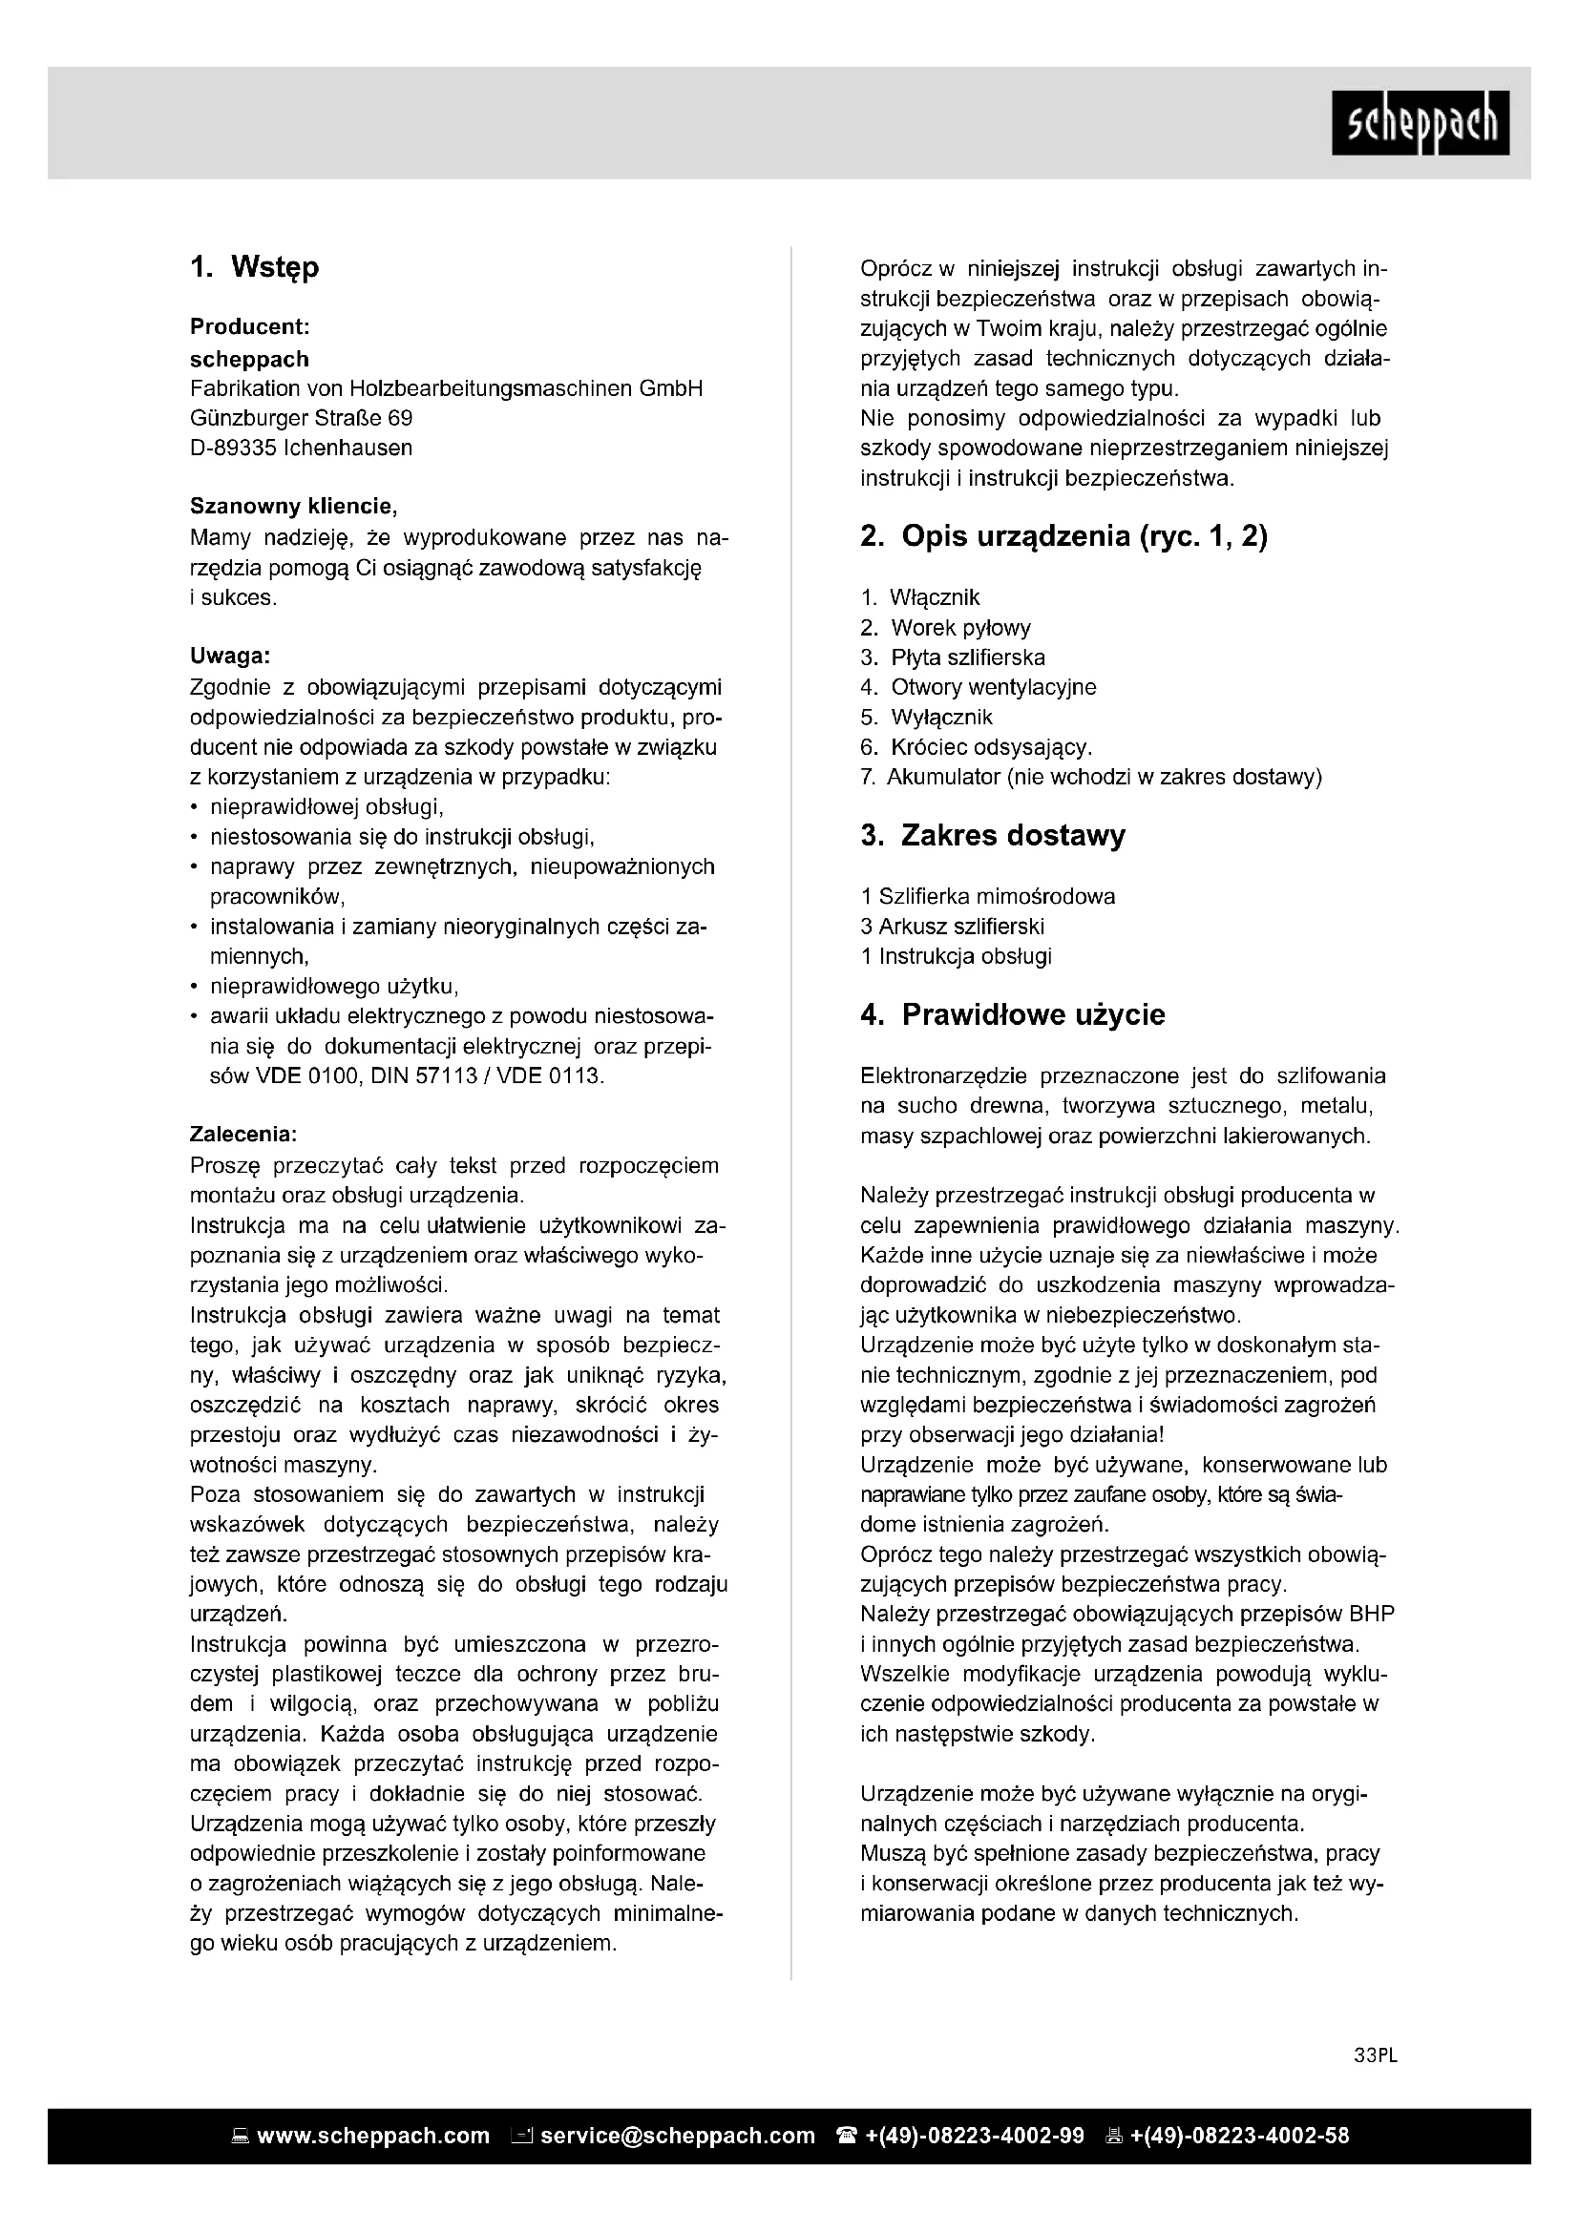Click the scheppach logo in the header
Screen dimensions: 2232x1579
pyautogui.click(x=1420, y=122)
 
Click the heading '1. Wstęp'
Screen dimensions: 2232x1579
pyautogui.click(x=255, y=267)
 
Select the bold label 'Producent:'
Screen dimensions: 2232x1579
pyautogui.click(x=250, y=327)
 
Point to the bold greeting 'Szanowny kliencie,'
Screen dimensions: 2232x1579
pyautogui.click(x=294, y=507)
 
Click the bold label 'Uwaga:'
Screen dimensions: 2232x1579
pyautogui.click(x=229, y=657)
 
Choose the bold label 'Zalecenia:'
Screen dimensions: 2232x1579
pyautogui.click(x=243, y=1135)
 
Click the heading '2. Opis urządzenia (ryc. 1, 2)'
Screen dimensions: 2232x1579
pyautogui.click(x=1063, y=536)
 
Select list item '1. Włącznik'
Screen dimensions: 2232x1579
pyautogui.click(x=920, y=598)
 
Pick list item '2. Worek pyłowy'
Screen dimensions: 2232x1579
pyautogui.click(x=945, y=628)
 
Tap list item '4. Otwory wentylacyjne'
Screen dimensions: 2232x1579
pyautogui.click(x=979, y=687)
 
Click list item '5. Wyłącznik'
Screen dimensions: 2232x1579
pyautogui.click(x=927, y=718)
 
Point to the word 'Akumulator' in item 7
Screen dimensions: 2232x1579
pyautogui.click(x=943, y=777)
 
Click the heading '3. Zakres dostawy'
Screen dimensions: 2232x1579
pyautogui.click(x=993, y=836)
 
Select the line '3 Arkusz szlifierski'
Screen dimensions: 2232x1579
pyautogui.click(x=952, y=927)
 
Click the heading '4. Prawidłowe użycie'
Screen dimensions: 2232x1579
pyautogui.click(x=1012, y=1015)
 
